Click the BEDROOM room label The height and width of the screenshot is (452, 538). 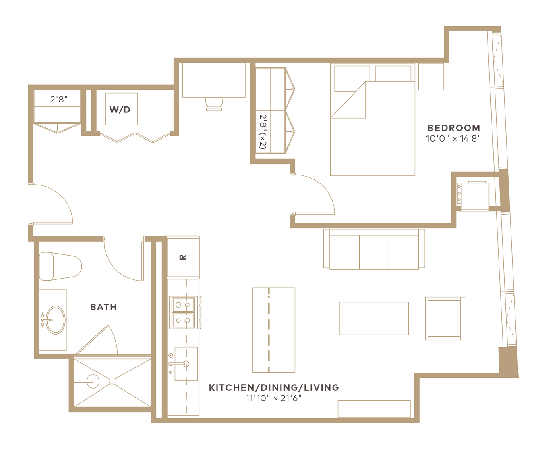click(453, 128)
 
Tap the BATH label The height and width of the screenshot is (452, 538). click(103, 307)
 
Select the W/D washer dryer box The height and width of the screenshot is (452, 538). click(121, 109)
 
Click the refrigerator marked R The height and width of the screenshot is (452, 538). click(183, 257)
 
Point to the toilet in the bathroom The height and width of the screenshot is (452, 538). click(60, 266)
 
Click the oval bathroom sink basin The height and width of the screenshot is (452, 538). click(56, 320)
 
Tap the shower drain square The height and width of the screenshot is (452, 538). click(112, 381)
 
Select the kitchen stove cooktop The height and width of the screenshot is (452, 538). click(183, 312)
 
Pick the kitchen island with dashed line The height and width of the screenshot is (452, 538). click(274, 330)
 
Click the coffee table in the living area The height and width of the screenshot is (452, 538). click(374, 319)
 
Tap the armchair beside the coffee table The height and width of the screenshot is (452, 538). click(445, 319)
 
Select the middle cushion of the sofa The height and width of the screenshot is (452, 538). click(374, 252)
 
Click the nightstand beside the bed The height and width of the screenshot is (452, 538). click(431, 77)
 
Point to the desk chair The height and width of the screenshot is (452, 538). click(214, 104)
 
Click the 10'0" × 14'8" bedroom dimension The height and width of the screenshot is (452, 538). click(453, 139)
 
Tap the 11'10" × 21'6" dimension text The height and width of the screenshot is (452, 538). click(273, 398)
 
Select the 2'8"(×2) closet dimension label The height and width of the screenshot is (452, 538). click(263, 131)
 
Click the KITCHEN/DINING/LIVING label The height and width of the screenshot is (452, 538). click(274, 387)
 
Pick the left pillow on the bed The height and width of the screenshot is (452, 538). click(352, 79)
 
